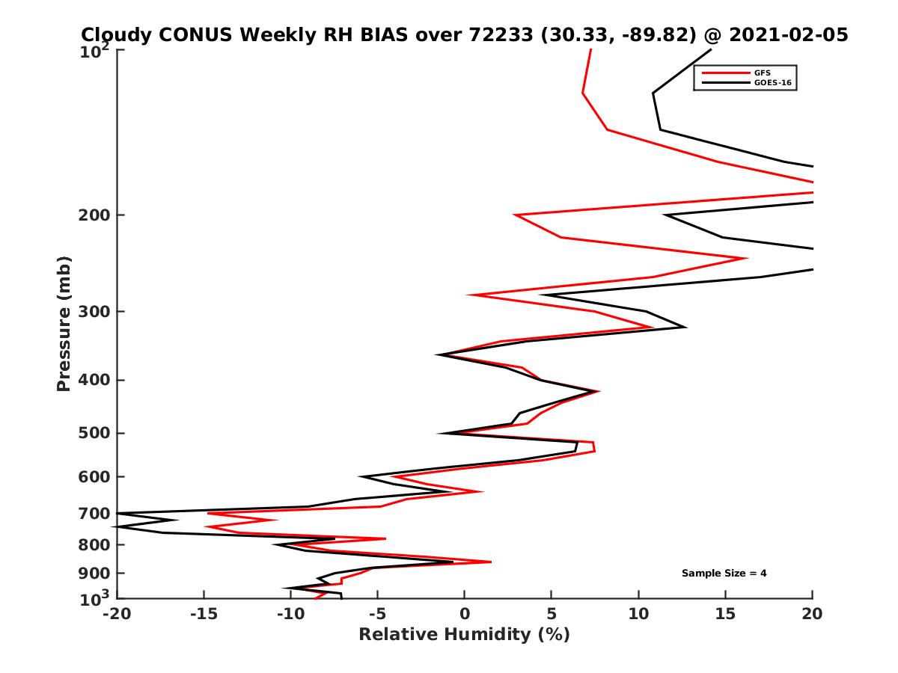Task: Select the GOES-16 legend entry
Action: click(772, 82)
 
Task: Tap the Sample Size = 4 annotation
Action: click(724, 574)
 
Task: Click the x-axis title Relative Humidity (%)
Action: click(464, 635)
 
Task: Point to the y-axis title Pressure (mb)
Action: click(64, 323)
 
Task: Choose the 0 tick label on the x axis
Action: click(464, 614)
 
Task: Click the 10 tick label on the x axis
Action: click(638, 614)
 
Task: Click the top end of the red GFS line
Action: click(591, 50)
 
